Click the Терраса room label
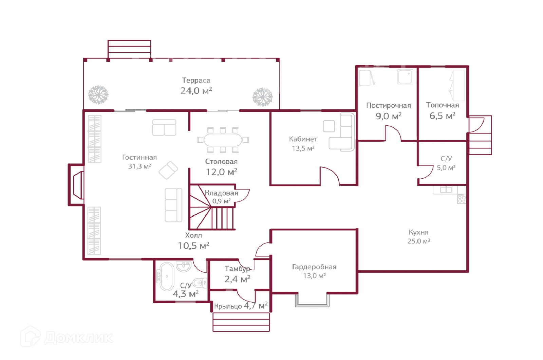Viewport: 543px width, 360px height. pos(196,80)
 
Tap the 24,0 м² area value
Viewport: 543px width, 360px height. pos(196,91)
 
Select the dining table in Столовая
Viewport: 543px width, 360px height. pos(223,140)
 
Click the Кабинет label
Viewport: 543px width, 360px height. pos(303,139)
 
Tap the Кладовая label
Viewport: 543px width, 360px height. pos(221,193)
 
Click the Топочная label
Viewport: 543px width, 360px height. pos(442,105)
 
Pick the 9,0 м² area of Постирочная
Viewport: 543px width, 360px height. pos(388,116)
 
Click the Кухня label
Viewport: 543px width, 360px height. pos(418,232)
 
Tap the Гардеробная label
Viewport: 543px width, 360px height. pos(314,267)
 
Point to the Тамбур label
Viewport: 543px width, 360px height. pos(237,269)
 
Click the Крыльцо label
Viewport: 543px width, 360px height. pos(228,306)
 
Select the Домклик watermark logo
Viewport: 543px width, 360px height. pos(66,337)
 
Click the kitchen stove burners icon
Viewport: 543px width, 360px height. pos(462,199)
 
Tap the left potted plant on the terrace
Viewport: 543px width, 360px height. pos(98,94)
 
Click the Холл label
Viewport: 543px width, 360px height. pos(193,235)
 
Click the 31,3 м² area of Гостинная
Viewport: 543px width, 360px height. pos(139,166)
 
